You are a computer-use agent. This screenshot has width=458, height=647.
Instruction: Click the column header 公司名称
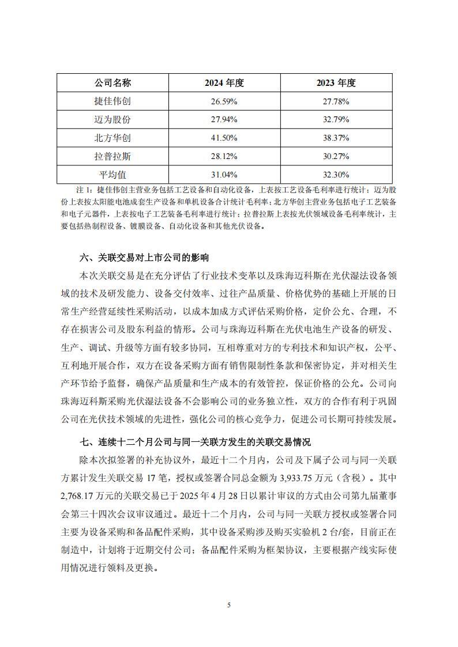click(x=113, y=83)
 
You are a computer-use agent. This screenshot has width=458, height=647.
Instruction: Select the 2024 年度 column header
click(x=224, y=83)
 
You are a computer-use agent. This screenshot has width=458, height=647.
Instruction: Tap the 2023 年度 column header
click(x=336, y=83)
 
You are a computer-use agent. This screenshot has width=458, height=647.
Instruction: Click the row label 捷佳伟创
click(x=113, y=101)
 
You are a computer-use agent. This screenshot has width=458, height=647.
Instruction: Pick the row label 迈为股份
click(x=113, y=120)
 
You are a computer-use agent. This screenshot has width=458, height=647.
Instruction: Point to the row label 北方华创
click(x=113, y=138)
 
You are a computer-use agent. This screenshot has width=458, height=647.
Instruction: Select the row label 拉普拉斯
click(x=113, y=156)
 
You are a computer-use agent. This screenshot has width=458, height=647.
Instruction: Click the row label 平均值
click(x=113, y=174)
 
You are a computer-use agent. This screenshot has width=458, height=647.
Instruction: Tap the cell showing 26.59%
click(x=224, y=101)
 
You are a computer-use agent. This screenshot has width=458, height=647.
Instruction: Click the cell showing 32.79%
click(x=336, y=120)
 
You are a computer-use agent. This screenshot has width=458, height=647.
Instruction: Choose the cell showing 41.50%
click(x=224, y=138)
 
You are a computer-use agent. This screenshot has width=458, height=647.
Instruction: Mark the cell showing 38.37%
click(x=336, y=138)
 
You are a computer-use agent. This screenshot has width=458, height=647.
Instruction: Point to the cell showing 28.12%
click(x=224, y=156)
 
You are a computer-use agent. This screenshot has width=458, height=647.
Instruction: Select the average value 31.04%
click(x=224, y=174)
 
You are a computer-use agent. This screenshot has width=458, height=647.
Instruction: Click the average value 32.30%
click(x=336, y=174)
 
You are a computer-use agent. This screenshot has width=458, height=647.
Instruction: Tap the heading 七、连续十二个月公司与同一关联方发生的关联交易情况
click(x=195, y=442)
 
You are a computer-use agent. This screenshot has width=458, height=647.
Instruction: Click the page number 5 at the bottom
click(x=229, y=604)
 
